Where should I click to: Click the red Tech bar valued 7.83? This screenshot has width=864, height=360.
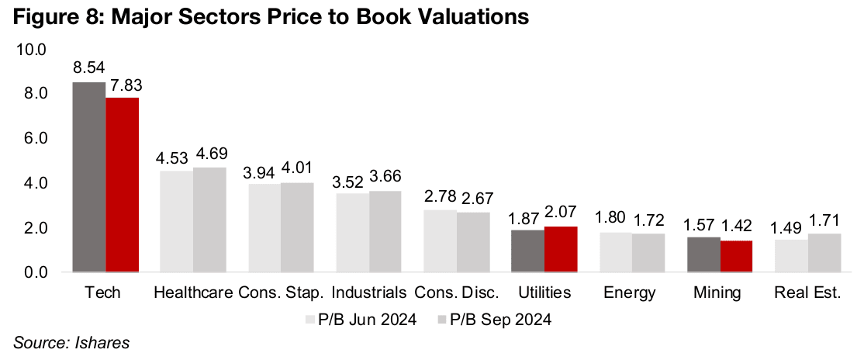pyautogui.click(x=123, y=185)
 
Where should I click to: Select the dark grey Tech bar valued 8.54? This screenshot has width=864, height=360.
pyautogui.click(x=89, y=177)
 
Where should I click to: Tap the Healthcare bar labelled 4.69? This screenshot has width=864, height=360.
pyautogui.click(x=209, y=220)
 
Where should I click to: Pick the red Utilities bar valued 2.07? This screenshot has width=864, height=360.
pyautogui.click(x=561, y=249)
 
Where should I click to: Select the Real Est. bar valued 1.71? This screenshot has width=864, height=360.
pyautogui.click(x=824, y=253)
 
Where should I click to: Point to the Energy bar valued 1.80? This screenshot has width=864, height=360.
pyautogui.click(x=616, y=252)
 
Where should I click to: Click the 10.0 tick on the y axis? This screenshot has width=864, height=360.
pyautogui.click(x=32, y=50)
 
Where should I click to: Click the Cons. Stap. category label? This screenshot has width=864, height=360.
pyautogui.click(x=282, y=293)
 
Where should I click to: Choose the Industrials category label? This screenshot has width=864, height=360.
pyautogui.click(x=369, y=293)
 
